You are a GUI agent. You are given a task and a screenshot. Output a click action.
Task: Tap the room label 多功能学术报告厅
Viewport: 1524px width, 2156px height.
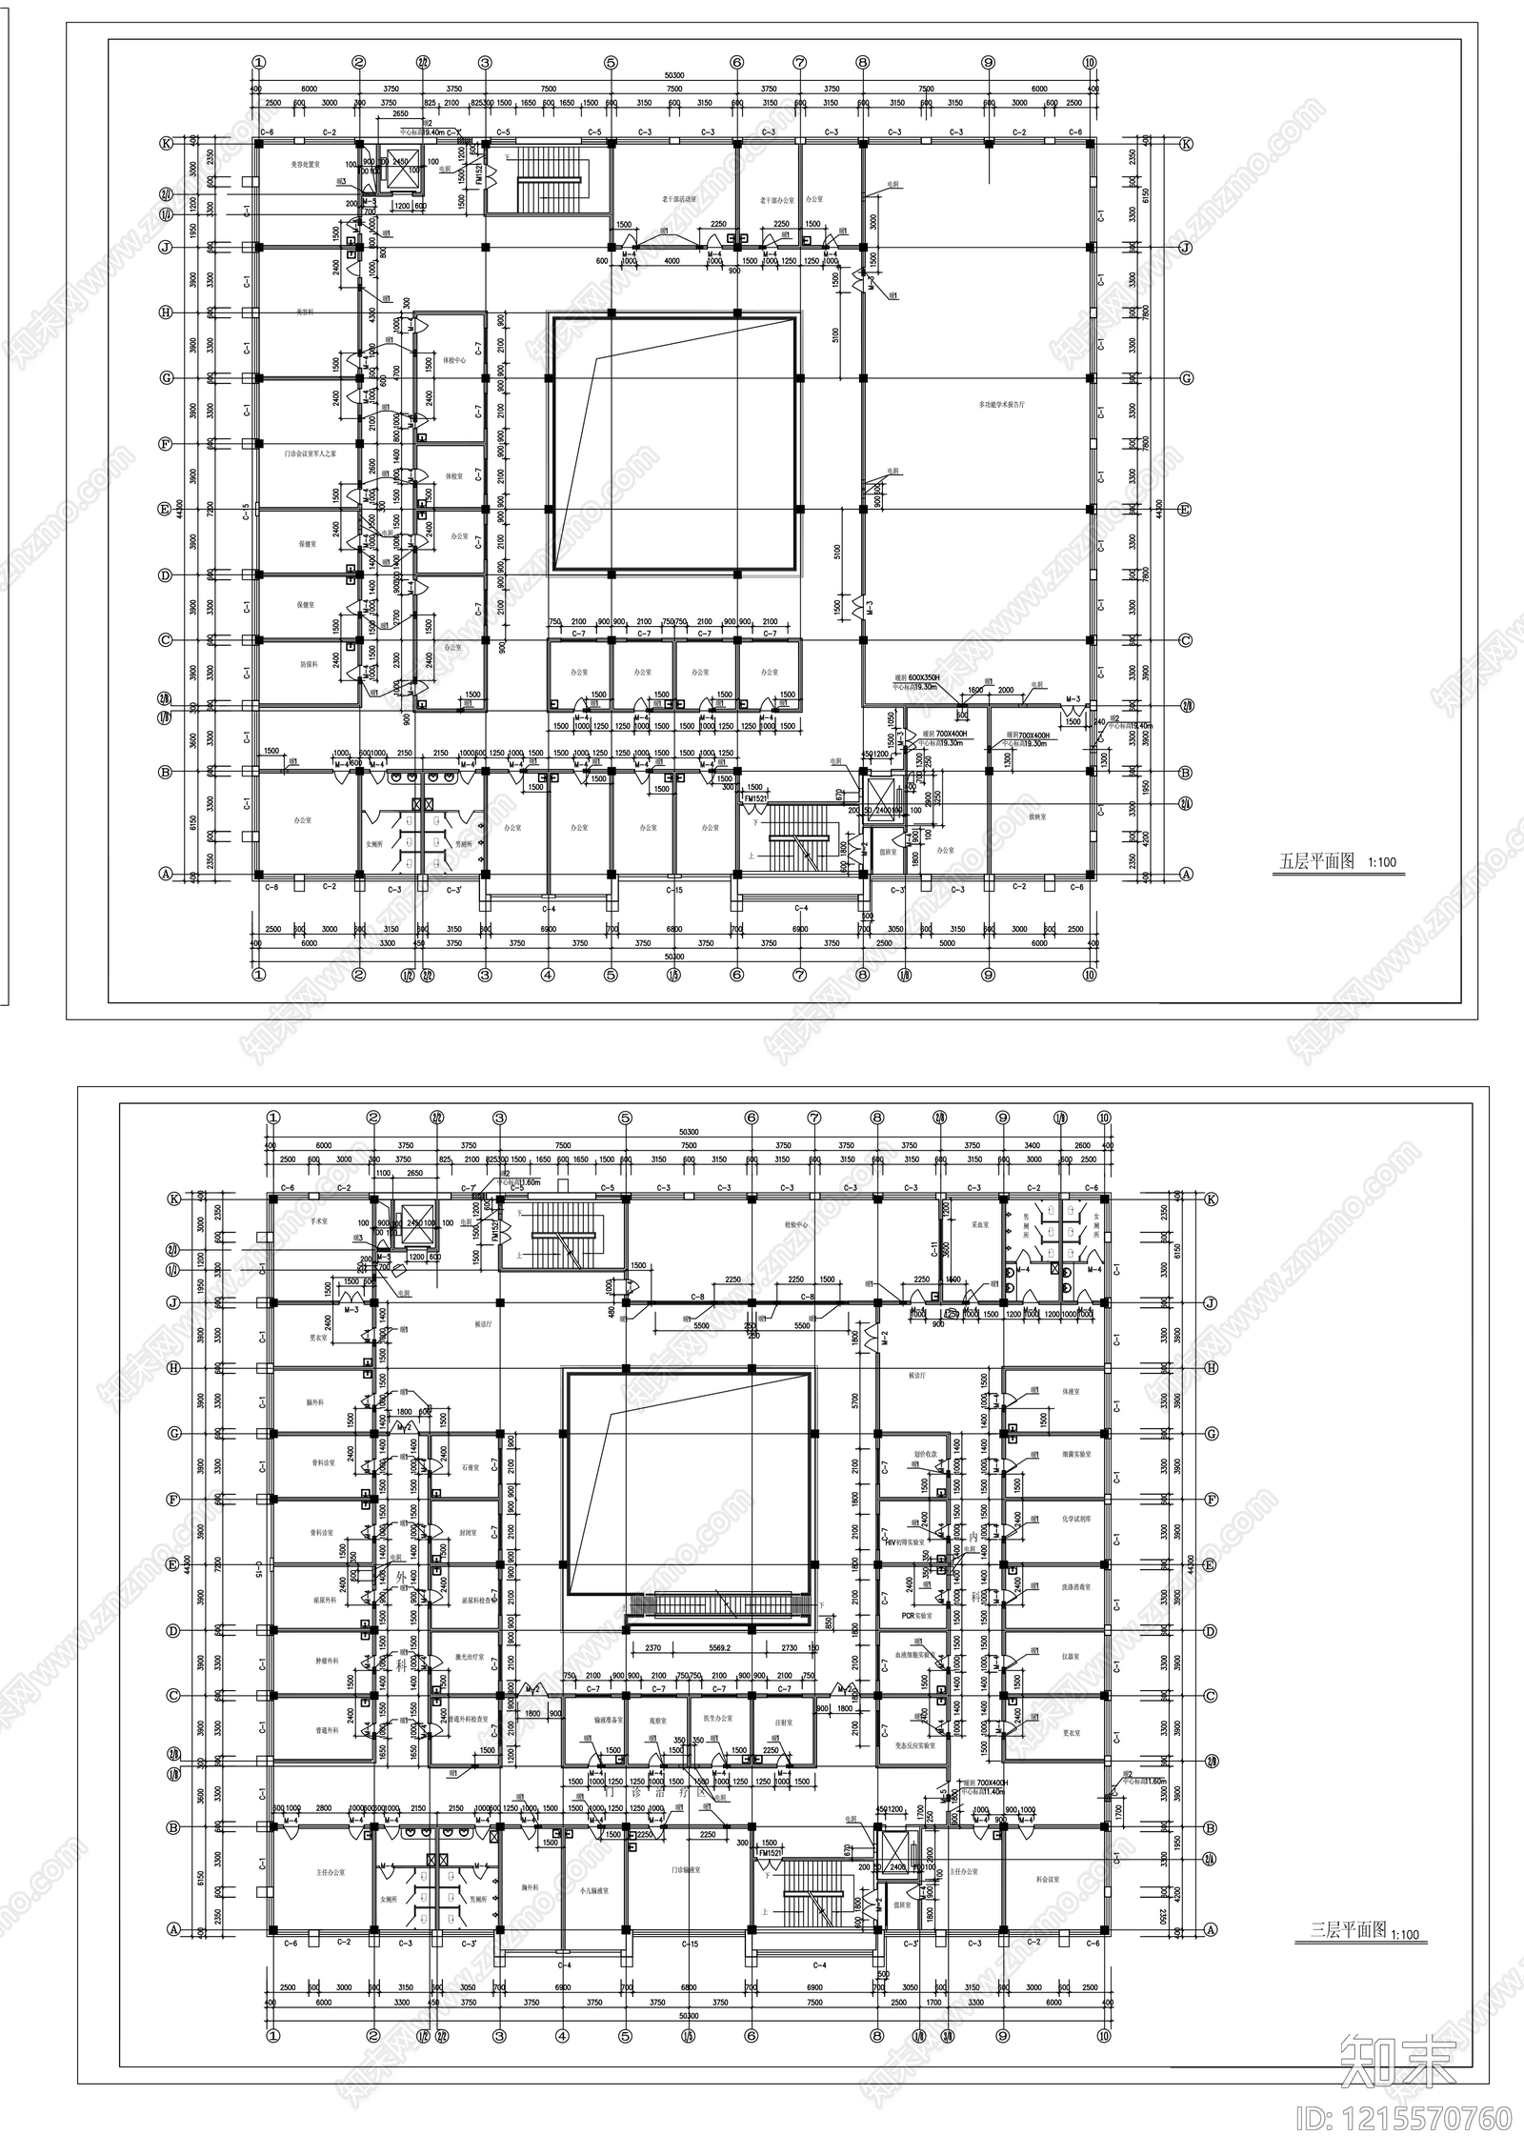[x=1001, y=404]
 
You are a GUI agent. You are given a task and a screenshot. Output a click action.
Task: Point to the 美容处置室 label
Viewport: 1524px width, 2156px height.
[x=305, y=165]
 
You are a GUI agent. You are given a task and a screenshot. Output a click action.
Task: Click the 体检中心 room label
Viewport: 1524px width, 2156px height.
[x=454, y=361]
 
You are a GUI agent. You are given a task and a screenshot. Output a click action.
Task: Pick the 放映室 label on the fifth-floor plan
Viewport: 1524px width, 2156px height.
[x=1037, y=816]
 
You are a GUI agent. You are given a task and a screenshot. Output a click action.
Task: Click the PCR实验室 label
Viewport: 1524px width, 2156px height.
[x=914, y=1616]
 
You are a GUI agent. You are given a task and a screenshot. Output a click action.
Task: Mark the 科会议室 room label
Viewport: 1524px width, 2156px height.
[x=1051, y=1871]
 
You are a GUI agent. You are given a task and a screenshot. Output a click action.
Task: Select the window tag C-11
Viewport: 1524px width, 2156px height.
[x=934, y=1250]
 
